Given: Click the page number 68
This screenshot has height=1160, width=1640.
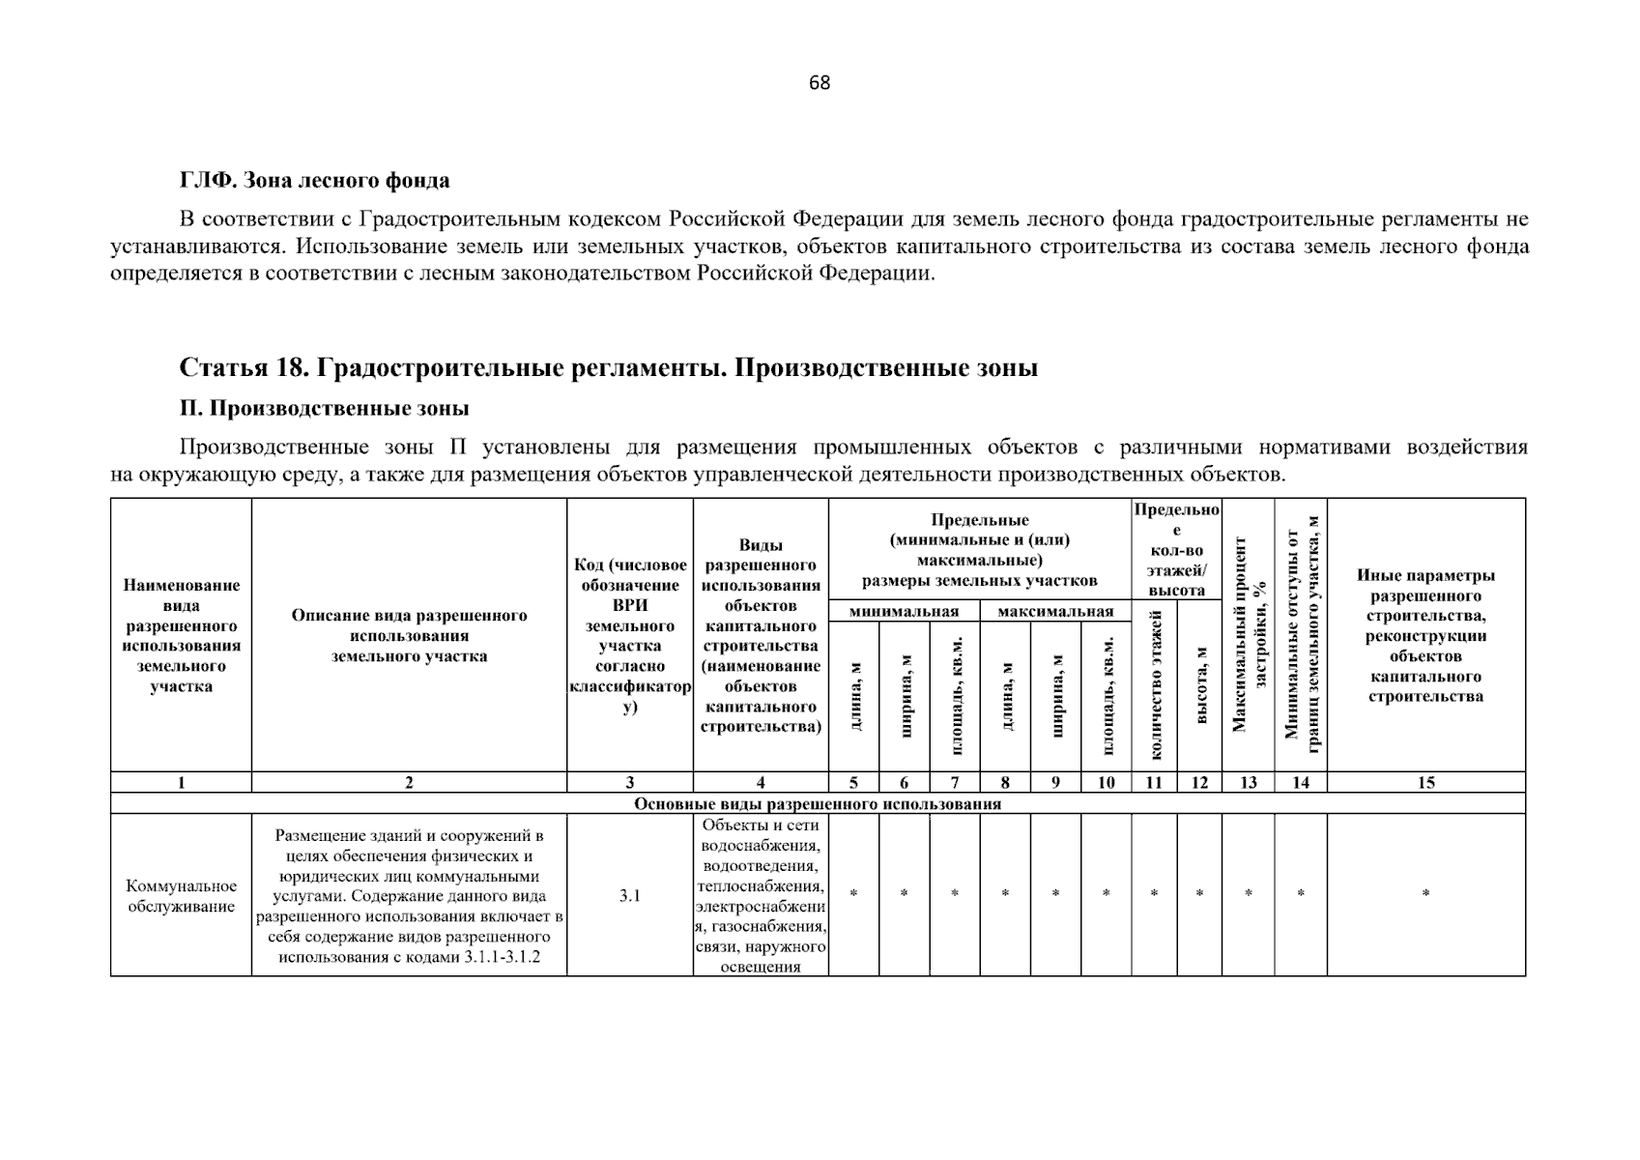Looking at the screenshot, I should (819, 83).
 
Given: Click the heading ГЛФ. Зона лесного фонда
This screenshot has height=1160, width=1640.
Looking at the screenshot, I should (314, 181).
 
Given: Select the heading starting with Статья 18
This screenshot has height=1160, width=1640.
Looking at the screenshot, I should (608, 368).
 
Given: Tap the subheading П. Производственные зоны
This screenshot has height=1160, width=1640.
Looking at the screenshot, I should (324, 408).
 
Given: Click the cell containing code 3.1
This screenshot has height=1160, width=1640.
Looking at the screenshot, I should (629, 895).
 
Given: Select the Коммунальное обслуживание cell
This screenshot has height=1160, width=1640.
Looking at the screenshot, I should (182, 896).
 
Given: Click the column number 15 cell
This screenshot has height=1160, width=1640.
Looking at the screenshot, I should (1425, 783).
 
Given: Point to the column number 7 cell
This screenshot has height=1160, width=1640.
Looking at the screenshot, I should (955, 783).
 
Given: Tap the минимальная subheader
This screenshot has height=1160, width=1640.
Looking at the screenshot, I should (904, 611).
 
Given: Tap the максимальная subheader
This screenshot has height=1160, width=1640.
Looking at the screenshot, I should (1055, 611).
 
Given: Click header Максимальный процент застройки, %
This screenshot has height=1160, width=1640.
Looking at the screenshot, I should (1249, 634).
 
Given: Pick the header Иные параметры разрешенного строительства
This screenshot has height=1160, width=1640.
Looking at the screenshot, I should (1425, 635).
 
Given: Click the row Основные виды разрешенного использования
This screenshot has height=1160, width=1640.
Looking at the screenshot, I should (818, 803).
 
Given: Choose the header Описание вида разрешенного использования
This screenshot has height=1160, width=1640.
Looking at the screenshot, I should (409, 635).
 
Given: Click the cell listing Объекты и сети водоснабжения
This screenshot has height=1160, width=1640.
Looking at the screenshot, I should (761, 895).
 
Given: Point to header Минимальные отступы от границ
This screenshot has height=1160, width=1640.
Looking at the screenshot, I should (1301, 634).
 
